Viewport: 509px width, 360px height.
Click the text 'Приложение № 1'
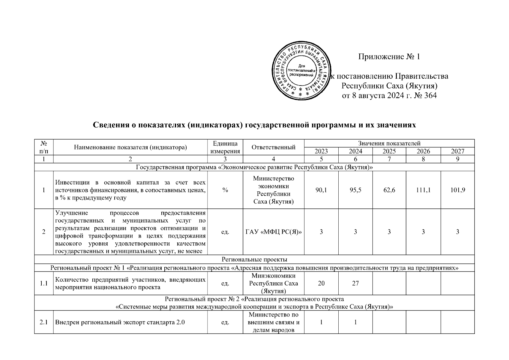pos(389,57)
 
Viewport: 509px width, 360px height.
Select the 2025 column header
pos(389,151)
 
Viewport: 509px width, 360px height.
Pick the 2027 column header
pos(457,151)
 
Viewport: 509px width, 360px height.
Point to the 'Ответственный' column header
pos(273,147)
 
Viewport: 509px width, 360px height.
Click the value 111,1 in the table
pos(423,190)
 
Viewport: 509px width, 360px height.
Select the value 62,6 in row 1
pos(389,190)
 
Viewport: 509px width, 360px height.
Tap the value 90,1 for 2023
pos(321,190)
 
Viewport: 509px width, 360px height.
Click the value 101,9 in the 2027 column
pos(457,190)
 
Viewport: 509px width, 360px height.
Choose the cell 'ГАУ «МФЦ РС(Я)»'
pos(273,232)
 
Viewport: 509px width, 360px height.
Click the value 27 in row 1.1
pos(355,283)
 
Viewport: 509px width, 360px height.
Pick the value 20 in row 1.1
pos(321,283)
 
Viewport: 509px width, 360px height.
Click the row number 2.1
pos(44,322)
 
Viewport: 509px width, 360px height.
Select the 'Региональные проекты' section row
pos(254,259)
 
